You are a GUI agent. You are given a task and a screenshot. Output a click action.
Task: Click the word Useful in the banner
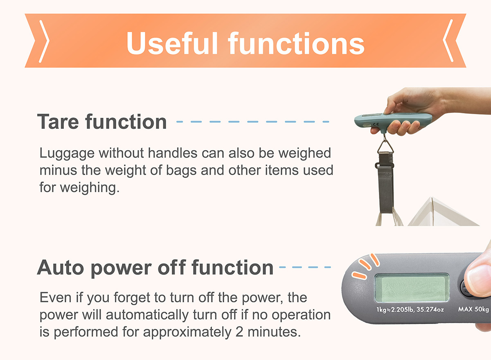pyautogui.click(x=172, y=43)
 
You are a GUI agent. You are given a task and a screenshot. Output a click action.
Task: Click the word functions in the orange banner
pyautogui.click(x=296, y=43)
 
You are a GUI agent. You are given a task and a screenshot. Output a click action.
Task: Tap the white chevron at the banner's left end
pyautogui.click(x=44, y=41)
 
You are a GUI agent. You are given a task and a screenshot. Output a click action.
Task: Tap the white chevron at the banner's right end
pyautogui.click(x=448, y=41)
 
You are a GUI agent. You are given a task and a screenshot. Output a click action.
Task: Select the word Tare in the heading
pyautogui.click(x=58, y=122)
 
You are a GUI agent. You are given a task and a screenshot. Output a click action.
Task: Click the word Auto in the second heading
pyautogui.click(x=61, y=268)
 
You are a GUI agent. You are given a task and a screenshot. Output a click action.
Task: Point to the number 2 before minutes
pyautogui.click(x=239, y=332)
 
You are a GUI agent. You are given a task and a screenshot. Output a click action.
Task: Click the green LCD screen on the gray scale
pyautogui.click(x=412, y=288)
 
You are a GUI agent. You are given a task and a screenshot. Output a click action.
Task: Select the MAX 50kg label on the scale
pyautogui.click(x=473, y=309)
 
